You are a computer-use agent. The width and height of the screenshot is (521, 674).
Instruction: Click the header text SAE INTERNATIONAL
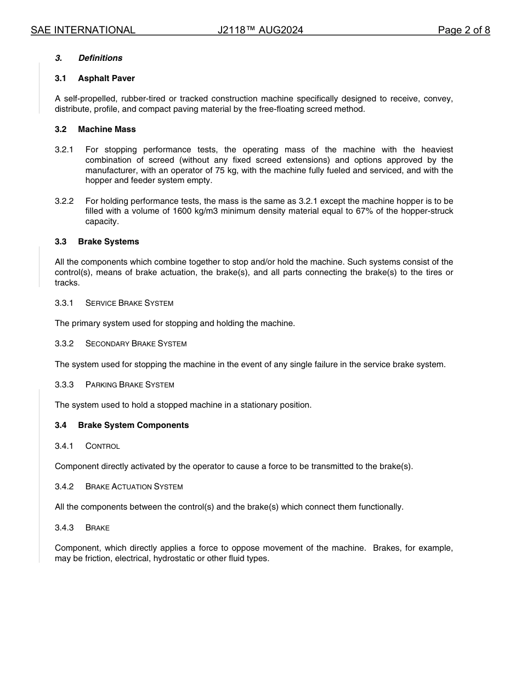click(83, 30)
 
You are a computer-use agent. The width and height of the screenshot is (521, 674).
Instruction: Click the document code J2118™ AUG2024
click(260, 30)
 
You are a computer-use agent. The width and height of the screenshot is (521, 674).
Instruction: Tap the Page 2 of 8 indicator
click(464, 30)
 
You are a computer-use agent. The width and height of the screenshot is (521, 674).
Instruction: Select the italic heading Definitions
click(100, 58)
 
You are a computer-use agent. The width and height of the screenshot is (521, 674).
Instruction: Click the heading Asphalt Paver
click(106, 78)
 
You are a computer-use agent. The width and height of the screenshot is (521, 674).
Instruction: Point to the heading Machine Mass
click(107, 129)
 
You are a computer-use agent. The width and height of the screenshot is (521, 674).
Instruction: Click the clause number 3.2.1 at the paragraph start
click(64, 150)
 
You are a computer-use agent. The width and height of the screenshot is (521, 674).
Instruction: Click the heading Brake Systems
click(109, 242)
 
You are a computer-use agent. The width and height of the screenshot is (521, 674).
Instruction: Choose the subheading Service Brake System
click(129, 303)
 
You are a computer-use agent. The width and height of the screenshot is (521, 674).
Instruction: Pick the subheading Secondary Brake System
click(136, 344)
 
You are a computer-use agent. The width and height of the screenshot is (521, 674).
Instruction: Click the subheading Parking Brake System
click(130, 385)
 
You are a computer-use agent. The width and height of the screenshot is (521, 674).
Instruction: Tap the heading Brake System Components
click(133, 425)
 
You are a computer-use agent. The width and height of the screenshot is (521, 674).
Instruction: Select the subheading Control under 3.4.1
click(103, 446)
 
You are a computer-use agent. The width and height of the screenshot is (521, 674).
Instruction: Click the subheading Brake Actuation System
click(134, 487)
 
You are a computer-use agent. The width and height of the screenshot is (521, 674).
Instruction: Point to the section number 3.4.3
click(64, 528)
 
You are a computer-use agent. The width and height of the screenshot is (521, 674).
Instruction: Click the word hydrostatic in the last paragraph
click(174, 559)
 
